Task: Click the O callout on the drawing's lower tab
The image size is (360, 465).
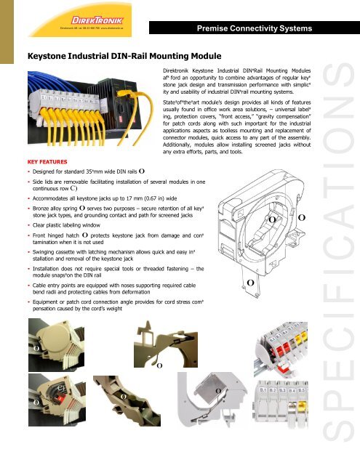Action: click(249, 282)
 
